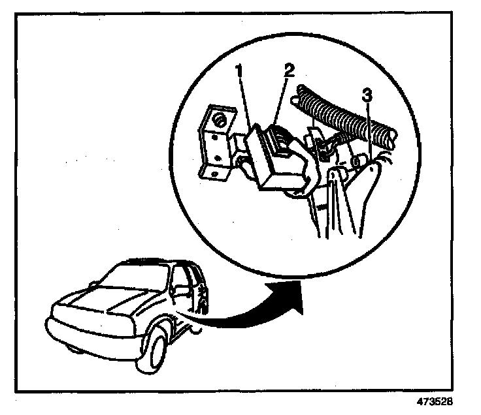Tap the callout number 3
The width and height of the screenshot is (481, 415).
point(368,95)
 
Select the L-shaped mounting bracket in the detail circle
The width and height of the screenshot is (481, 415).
point(214,144)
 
